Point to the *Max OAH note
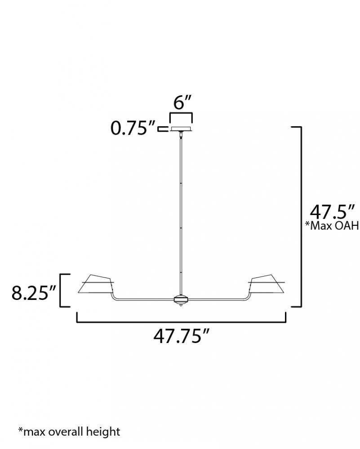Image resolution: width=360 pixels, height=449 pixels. point(332,226)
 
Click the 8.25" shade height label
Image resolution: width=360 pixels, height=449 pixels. point(34,293)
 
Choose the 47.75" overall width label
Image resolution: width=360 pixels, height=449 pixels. point(182,336)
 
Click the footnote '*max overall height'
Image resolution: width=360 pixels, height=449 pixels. point(69,431)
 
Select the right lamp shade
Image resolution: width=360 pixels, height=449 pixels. point(267,284)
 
